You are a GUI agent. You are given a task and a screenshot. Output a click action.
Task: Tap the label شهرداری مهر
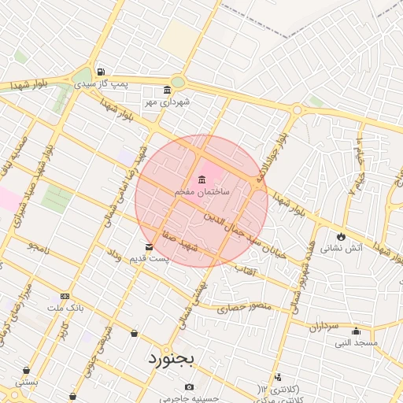click(x=165, y=102)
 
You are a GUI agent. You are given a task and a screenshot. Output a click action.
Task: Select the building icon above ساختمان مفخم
click(x=202, y=178)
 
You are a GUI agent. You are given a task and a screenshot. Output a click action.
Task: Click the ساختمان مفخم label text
click(x=202, y=191)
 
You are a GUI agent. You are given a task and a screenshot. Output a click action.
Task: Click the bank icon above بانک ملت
click(x=65, y=297)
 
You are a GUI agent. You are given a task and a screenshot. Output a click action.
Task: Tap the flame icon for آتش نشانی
click(x=340, y=236)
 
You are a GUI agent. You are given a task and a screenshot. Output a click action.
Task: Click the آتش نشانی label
click(x=365, y=248)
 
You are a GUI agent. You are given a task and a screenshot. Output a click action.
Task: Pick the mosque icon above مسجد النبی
click(x=356, y=331)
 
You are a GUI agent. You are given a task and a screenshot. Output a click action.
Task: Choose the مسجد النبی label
click(x=356, y=342)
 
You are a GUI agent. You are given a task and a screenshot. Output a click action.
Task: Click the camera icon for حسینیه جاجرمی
click(x=189, y=386)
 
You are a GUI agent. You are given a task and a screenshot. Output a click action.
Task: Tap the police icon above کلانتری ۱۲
click(x=277, y=378)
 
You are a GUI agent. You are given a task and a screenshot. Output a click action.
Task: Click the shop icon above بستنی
click(x=27, y=370)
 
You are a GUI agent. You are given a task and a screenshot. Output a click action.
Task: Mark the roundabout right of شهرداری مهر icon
click(x=179, y=82)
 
